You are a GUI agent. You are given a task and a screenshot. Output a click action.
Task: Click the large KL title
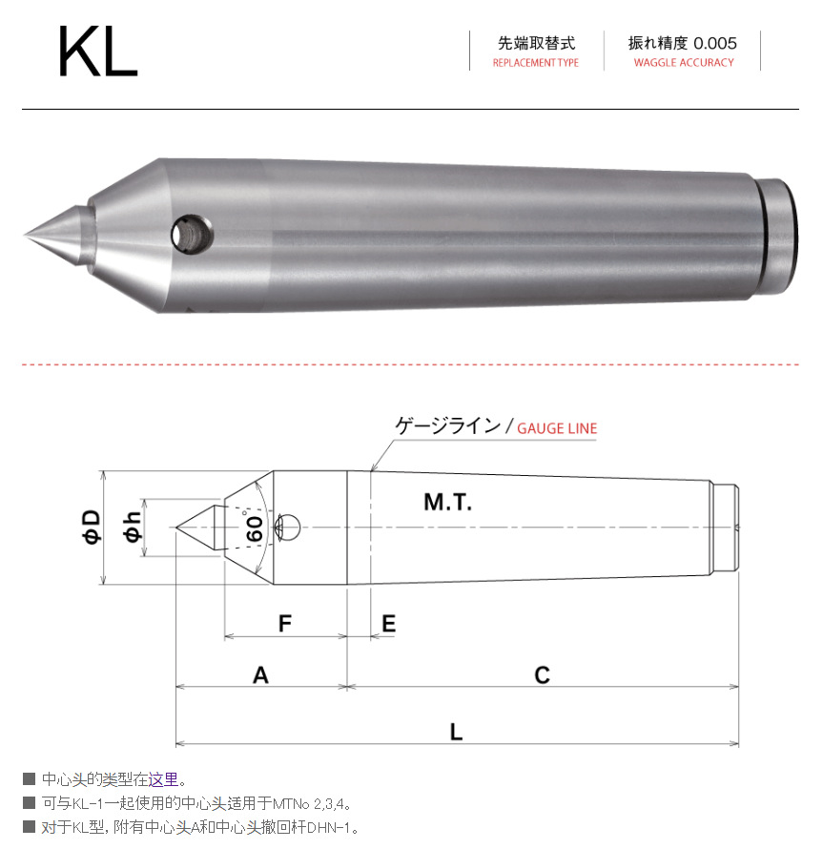97,52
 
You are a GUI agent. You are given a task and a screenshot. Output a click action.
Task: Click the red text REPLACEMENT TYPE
535,63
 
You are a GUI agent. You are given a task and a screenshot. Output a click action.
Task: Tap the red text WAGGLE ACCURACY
684,63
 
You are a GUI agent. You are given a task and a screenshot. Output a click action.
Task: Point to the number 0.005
715,43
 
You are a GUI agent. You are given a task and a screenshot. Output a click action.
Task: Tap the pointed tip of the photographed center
28,234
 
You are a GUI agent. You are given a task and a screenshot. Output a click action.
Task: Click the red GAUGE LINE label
557,428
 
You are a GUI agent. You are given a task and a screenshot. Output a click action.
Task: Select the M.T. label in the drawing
447,502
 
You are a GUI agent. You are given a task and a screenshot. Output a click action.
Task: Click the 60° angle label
255,528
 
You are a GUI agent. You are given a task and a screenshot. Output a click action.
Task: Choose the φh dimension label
133,527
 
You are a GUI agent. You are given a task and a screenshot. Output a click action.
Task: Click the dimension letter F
284,624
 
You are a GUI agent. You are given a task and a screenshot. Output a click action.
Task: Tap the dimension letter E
388,624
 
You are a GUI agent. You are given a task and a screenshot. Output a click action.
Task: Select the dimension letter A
260,675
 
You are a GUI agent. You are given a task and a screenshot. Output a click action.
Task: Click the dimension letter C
542,675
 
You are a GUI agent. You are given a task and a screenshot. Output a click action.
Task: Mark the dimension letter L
457,732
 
